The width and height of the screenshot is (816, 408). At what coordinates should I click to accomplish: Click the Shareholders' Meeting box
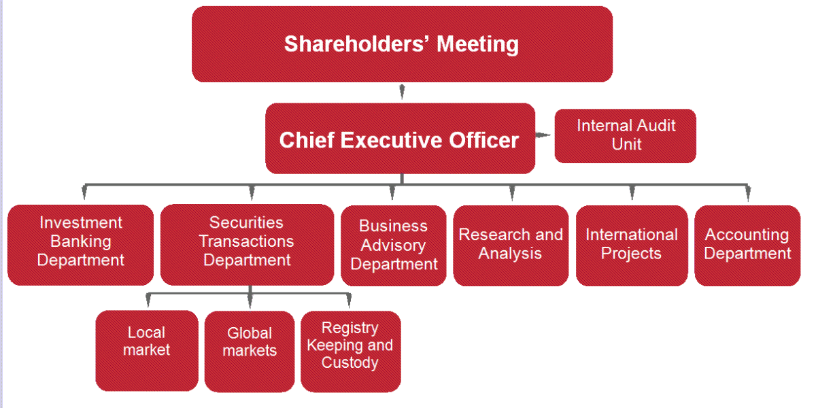pyautogui.click(x=402, y=44)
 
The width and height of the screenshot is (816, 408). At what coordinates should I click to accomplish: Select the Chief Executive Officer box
pyautogui.click(x=400, y=139)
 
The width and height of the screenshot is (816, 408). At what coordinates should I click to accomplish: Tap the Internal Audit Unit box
pyautogui.click(x=625, y=136)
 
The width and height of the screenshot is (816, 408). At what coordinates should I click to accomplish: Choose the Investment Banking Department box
pyautogui.click(x=80, y=245)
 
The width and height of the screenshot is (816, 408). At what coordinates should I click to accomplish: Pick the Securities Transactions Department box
pyautogui.click(x=247, y=244)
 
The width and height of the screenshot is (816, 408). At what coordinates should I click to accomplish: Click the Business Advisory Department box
pyautogui.click(x=394, y=245)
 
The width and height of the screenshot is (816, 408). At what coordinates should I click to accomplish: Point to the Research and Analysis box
pyautogui.click(x=511, y=245)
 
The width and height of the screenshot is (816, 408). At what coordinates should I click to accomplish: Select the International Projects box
pyautogui.click(x=632, y=245)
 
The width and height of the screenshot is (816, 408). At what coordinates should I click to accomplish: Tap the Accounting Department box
pyautogui.click(x=747, y=245)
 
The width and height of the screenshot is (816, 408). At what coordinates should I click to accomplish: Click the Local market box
pyautogui.click(x=147, y=351)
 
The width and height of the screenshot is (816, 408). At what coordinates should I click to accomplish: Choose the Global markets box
pyautogui.click(x=250, y=352)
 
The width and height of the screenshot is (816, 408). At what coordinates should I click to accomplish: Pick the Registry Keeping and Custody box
pyautogui.click(x=351, y=352)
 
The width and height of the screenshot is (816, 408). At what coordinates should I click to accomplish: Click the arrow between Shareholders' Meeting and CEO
pyautogui.click(x=402, y=92)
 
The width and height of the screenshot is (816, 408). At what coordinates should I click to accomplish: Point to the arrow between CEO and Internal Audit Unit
pyautogui.click(x=543, y=135)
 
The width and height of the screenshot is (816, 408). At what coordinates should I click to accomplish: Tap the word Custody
pyautogui.click(x=350, y=362)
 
